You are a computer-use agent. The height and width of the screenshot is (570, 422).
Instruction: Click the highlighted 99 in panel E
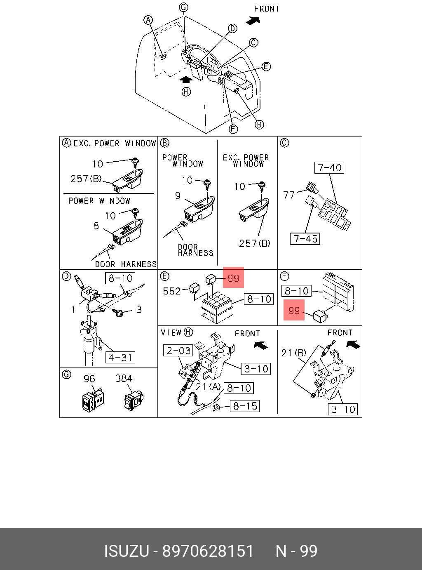233,278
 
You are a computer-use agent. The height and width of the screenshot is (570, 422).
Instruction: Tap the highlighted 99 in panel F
294,310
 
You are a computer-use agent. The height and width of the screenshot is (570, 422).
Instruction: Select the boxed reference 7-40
330,168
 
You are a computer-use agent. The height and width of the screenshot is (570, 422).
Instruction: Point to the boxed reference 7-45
305,239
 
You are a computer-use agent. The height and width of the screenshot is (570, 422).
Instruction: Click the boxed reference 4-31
120,357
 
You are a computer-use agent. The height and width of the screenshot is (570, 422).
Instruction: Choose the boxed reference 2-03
178,351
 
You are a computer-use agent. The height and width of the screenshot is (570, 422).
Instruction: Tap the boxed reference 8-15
245,406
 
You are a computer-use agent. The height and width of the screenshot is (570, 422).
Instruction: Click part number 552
171,291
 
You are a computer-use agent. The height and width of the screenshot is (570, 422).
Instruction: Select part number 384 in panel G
124,379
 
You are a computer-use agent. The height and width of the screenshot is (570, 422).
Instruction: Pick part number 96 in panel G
89,379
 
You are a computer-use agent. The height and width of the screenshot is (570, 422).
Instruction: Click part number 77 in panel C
289,195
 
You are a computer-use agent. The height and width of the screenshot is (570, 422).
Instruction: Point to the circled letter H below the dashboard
186,91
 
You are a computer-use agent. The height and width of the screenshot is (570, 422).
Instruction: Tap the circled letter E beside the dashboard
266,66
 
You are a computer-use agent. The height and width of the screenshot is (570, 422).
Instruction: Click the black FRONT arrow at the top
253,20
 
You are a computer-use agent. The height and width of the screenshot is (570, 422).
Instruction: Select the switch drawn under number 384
134,400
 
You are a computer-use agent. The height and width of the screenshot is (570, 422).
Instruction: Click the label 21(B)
293,353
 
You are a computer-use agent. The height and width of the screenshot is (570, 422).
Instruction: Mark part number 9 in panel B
178,195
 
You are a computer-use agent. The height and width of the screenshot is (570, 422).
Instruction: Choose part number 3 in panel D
139,309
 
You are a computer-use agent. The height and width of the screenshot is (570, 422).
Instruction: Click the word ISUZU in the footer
126,551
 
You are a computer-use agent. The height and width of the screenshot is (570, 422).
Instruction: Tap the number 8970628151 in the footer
208,551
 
